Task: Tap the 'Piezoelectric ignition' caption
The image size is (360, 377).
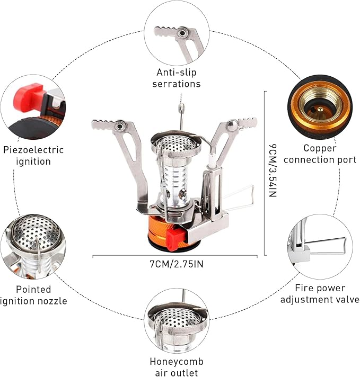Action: click(x=33, y=156)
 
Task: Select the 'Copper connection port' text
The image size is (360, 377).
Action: click(x=322, y=154)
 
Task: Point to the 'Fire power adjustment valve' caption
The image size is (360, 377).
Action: click(x=320, y=294)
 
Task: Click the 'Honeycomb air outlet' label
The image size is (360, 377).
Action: click(x=176, y=367)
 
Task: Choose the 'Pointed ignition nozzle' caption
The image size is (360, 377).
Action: click(x=34, y=295)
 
